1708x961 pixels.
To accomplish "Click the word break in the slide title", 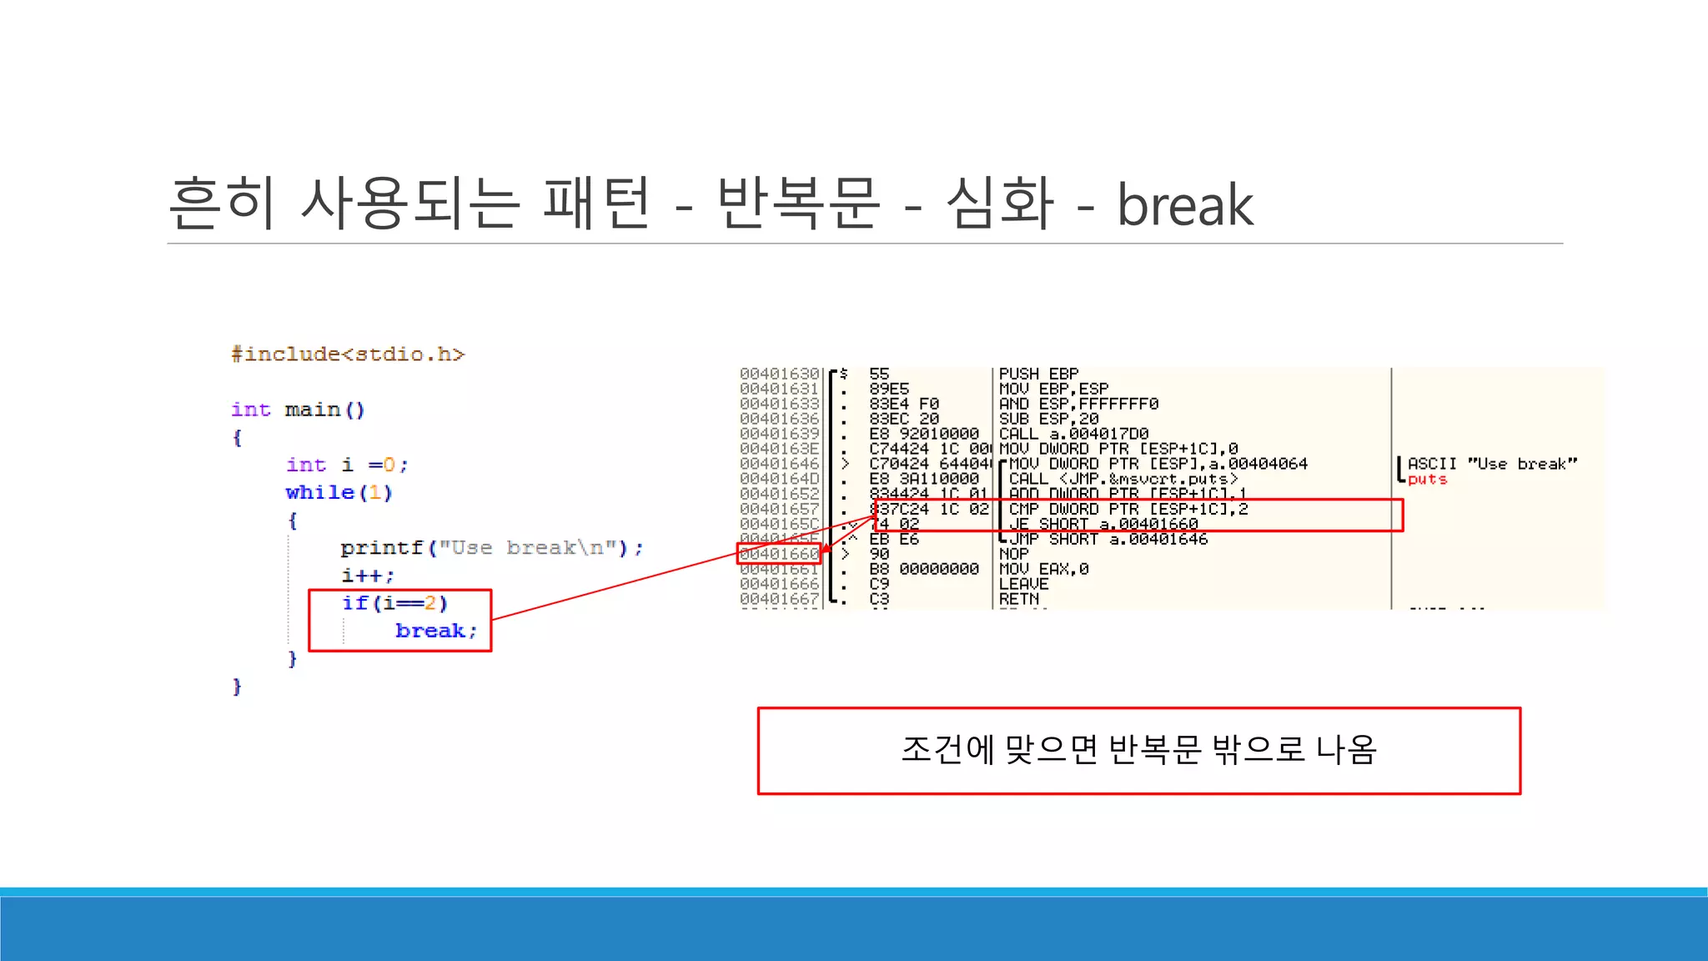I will [1184, 205].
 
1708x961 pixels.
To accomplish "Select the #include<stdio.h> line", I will [347, 355].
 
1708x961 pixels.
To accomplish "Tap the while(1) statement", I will [339, 493].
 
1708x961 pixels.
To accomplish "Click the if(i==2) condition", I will [394, 603].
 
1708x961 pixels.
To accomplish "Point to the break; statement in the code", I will [435, 631].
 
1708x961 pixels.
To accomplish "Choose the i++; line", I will [367, 576].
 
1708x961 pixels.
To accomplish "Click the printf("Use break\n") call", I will [491, 548].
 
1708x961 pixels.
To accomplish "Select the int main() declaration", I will [298, 410].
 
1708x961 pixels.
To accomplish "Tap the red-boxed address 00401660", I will [779, 554].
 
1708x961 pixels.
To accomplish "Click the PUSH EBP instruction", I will [1038, 374].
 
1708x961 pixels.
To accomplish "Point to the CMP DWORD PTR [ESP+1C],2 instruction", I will [1128, 509].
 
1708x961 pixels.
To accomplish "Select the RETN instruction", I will [1019, 599].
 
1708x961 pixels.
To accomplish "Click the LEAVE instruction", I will [1023, 584].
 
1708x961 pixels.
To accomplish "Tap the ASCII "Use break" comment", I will [1492, 464].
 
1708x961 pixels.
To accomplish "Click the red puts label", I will [1427, 480].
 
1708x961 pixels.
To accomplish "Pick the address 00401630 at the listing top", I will [779, 374].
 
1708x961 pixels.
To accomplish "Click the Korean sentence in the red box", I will [1138, 750].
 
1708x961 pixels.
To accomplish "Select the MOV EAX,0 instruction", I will [1043, 569].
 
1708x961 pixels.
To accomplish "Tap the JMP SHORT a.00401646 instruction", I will [1108, 539].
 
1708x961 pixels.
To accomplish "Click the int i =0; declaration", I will [347, 465].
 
